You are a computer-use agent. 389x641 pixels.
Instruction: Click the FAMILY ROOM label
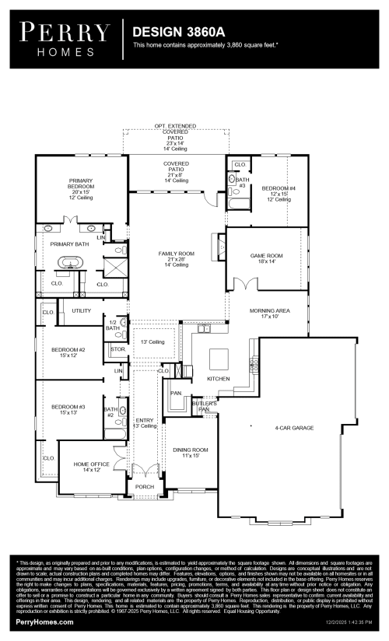pos(176,259)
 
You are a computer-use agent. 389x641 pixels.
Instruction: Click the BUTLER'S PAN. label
pos(206,406)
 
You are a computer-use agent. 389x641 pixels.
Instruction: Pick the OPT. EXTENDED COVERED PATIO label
pos(175,138)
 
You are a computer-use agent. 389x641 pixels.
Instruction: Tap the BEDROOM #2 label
pos(68,353)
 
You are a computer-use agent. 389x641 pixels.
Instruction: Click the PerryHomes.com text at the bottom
pos(44,622)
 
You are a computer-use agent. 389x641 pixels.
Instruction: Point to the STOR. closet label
pos(118,350)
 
